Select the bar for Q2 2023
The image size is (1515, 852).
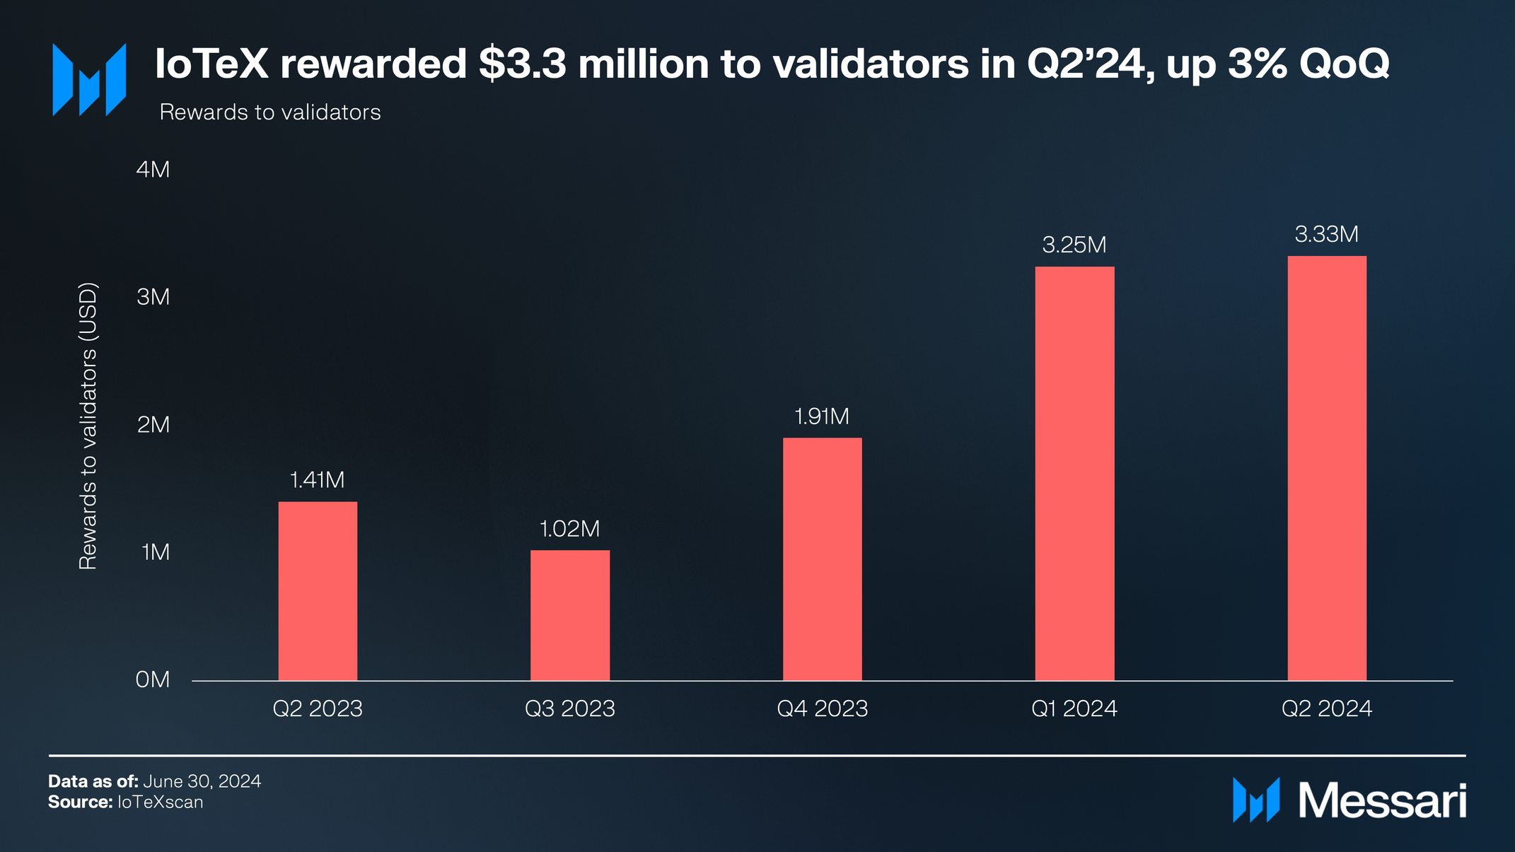[x=318, y=591]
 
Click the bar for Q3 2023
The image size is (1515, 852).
[x=570, y=615]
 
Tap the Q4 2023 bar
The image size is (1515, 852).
[x=822, y=559]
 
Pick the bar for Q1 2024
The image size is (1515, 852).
[x=1074, y=474]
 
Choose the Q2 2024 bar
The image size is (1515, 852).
[x=1327, y=468]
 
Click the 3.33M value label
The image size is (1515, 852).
[x=1327, y=234]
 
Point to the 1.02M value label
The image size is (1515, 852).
[x=570, y=529]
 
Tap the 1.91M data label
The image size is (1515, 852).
[x=822, y=416]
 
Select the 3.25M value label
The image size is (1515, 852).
[x=1074, y=245]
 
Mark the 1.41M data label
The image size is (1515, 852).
[x=318, y=480]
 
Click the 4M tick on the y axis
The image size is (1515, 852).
[x=153, y=170]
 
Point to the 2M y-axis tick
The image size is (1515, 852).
[x=153, y=424]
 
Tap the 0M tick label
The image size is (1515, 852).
[x=153, y=679]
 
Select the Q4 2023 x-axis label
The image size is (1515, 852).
[x=822, y=708]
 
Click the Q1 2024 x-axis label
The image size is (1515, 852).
[x=1074, y=708]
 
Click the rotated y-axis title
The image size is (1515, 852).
[x=88, y=426]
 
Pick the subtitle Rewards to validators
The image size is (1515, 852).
[x=270, y=112]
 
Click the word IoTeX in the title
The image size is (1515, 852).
[x=211, y=64]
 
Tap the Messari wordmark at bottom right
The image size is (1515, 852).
[x=1382, y=801]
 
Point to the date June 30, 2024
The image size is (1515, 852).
[x=202, y=781]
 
